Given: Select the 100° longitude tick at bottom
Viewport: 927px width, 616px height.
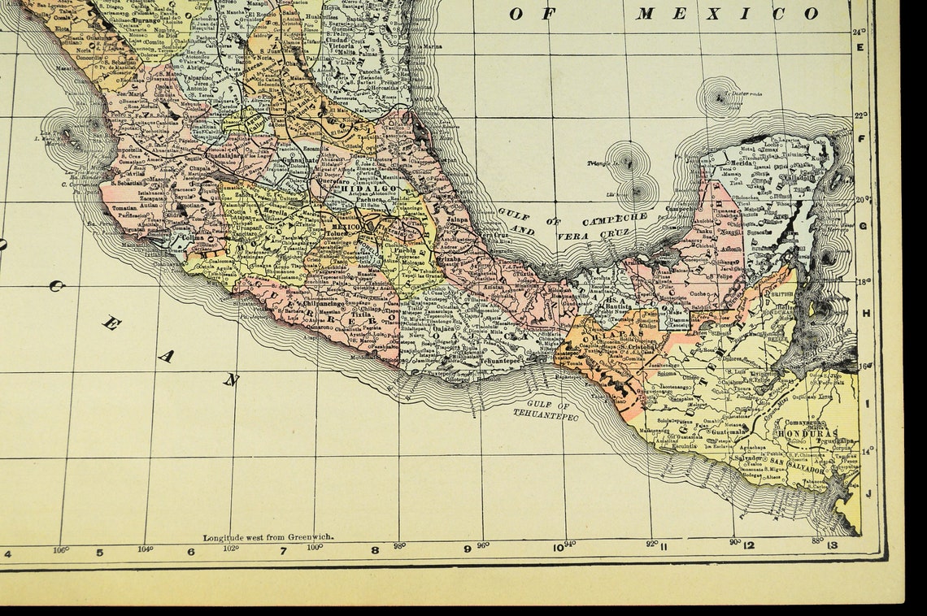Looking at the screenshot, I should point(315,547).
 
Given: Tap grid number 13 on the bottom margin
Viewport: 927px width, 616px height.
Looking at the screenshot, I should point(832,545).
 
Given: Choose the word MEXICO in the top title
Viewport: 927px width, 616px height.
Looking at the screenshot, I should point(727,13).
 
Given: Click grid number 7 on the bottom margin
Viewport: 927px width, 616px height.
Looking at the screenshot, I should point(284,551).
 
